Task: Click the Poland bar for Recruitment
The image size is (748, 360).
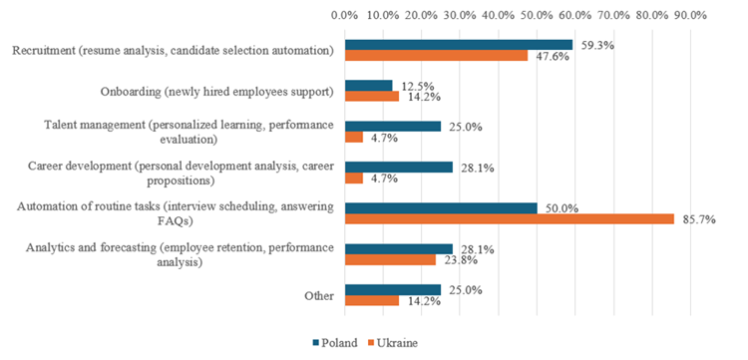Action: [459, 44]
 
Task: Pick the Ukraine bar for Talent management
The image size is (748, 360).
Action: [353, 137]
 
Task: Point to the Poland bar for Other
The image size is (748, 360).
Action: [392, 289]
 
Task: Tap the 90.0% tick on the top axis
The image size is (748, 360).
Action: [690, 15]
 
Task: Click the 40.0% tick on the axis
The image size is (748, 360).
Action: [498, 15]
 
